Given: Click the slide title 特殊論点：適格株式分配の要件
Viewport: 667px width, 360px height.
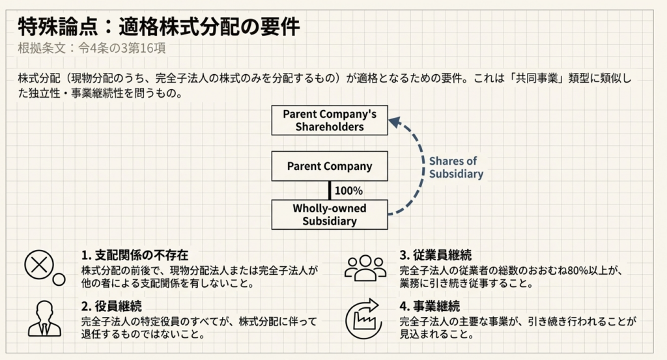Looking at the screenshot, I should point(160,27).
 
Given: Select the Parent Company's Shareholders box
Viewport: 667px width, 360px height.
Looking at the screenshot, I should point(330,120).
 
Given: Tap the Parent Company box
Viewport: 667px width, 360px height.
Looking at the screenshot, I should point(330,166).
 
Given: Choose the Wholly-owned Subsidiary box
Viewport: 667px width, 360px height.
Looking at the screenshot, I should point(330,215).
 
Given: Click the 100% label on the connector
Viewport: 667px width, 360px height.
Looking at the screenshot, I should point(348,191).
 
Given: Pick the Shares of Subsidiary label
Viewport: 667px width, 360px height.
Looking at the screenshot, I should point(455,167).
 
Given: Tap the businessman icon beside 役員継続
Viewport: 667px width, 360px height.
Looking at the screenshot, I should point(44,320).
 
